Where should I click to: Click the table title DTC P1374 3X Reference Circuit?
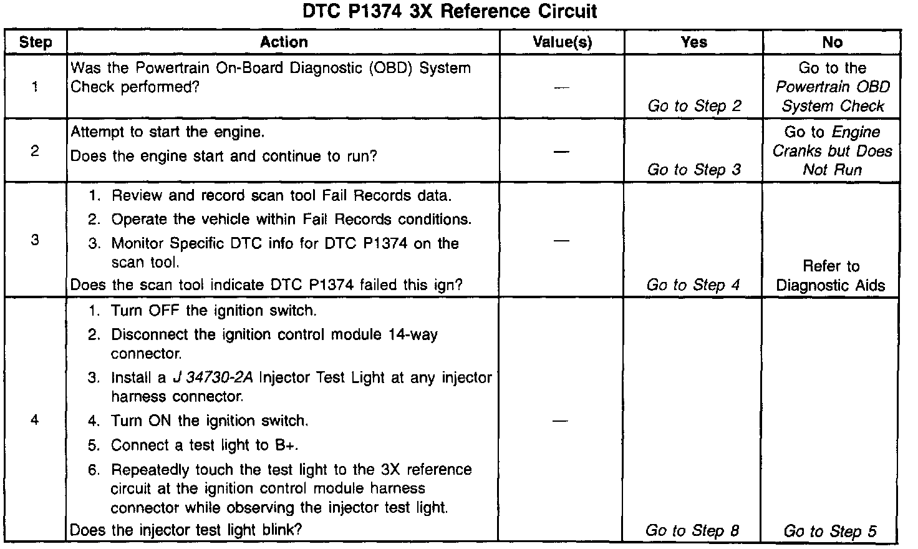(450, 11)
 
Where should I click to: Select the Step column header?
(35, 42)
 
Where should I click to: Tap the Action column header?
(284, 42)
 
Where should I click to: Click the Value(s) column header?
(562, 42)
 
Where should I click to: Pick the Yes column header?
(693, 42)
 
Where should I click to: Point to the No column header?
(832, 42)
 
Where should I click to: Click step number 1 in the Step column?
(35, 87)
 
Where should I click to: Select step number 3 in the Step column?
(35, 240)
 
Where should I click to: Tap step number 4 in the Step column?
(35, 420)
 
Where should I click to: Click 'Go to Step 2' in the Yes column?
(694, 106)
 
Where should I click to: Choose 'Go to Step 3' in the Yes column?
(693, 170)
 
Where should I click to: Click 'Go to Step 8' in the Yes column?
(692, 531)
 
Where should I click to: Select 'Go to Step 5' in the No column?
(830, 532)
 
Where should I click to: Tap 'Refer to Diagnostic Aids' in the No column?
(831, 276)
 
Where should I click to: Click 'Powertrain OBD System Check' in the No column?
(833, 97)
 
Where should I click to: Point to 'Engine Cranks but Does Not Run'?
(833, 152)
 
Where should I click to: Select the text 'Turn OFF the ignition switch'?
(213, 311)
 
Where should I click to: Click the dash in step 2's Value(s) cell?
(562, 152)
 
